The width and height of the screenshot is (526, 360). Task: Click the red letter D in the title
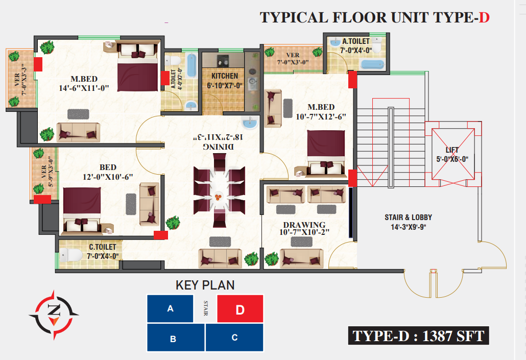(484, 18)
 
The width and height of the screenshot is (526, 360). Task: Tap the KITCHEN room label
(224, 76)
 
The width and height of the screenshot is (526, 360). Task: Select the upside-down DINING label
(219, 147)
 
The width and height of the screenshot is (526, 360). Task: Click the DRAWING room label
(304, 225)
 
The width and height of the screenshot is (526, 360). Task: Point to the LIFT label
(452, 150)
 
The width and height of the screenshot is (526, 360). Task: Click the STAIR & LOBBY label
(408, 218)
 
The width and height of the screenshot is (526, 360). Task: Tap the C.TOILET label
(102, 247)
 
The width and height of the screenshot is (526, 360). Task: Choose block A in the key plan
(170, 308)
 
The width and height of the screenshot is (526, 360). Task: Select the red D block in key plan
(240, 308)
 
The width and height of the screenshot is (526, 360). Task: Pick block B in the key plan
(176, 338)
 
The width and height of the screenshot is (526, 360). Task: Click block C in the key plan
(234, 338)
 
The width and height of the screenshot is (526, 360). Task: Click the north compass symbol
(54, 315)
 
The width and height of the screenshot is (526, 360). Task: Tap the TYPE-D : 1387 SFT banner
(418, 335)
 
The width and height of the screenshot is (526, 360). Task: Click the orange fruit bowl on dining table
(219, 197)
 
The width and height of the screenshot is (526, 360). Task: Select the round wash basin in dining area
(250, 123)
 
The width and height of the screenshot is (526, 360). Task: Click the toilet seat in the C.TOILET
(70, 255)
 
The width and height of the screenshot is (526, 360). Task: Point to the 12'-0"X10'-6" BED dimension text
(108, 177)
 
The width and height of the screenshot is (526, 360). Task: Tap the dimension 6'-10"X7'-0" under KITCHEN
(224, 86)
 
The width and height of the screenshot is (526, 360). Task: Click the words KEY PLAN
(205, 285)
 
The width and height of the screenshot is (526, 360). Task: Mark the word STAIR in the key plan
(206, 308)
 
